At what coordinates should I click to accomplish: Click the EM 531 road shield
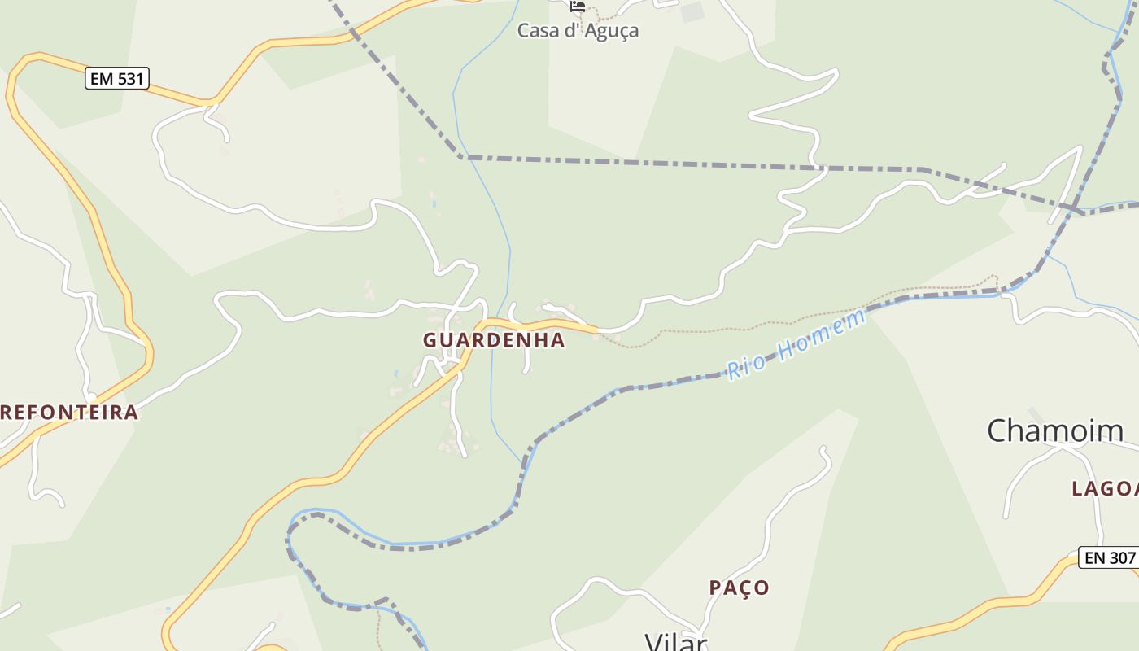[116, 79]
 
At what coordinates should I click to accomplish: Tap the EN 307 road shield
[1107, 557]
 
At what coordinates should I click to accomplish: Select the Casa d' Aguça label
[578, 31]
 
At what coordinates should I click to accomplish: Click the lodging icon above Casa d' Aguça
[578, 6]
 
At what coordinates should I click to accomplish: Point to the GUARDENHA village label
[493, 340]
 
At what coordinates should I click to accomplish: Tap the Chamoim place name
[1055, 430]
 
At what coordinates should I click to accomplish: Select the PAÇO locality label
[739, 588]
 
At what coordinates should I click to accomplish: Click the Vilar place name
[675, 642]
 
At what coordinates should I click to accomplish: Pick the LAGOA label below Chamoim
[1105, 489]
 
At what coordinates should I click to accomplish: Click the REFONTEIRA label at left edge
[69, 413]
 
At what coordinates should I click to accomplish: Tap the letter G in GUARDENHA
[430, 341]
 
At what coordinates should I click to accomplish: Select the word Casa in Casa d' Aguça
[537, 31]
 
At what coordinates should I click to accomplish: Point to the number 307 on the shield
[1120, 557]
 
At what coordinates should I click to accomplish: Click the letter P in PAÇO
[715, 588]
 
